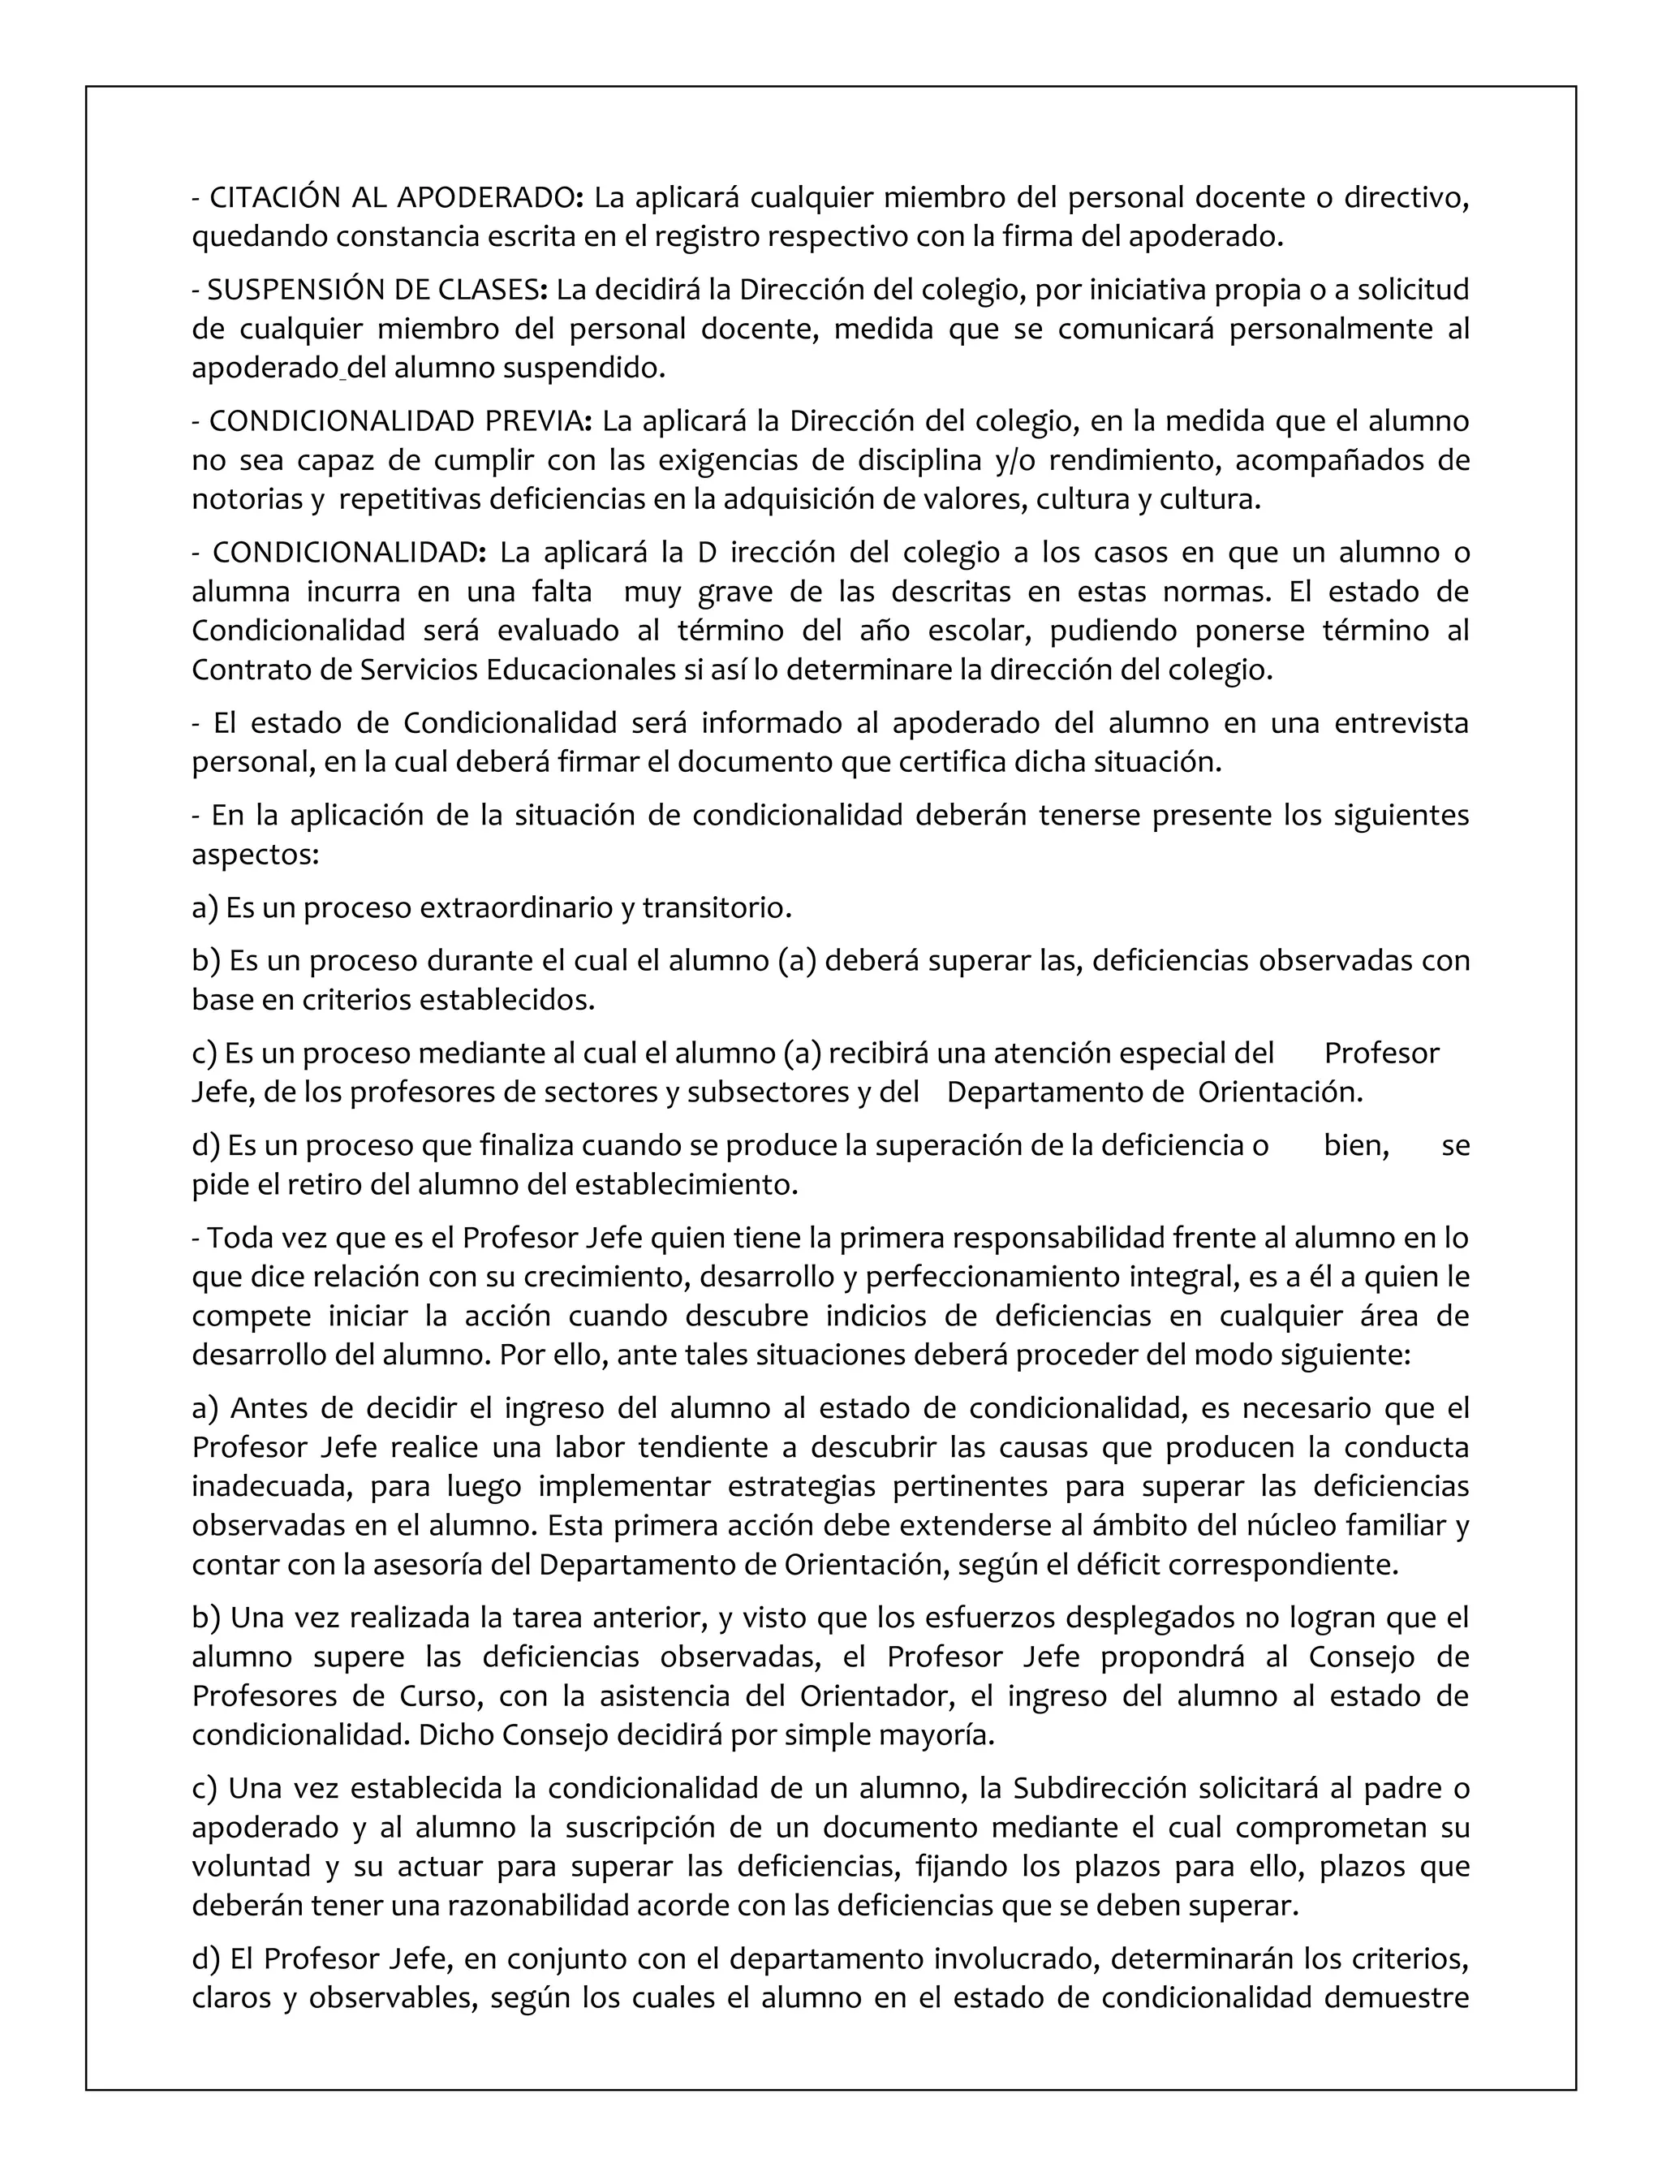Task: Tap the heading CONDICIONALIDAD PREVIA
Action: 397,421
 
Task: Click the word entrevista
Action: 1401,723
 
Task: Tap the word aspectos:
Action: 256,855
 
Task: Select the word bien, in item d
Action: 1356,1146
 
